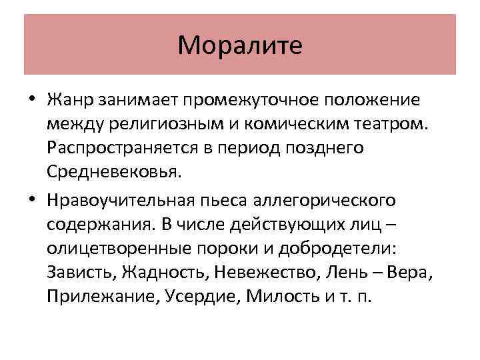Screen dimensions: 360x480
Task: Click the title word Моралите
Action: pyautogui.click(x=240, y=45)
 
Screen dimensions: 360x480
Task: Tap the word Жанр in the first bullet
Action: pyautogui.click(x=70, y=100)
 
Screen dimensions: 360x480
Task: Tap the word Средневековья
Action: pyautogui.click(x=113, y=172)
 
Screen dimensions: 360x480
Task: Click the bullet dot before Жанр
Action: pyautogui.click(x=33, y=101)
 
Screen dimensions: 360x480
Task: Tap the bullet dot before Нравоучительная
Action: pyautogui.click(x=33, y=201)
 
